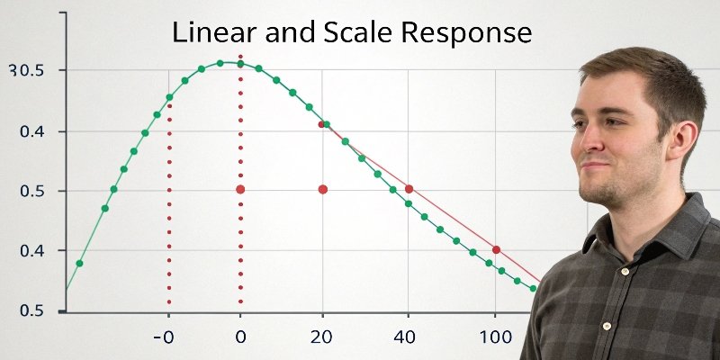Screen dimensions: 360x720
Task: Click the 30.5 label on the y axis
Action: click(x=25, y=70)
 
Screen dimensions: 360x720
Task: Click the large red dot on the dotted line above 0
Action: click(x=240, y=189)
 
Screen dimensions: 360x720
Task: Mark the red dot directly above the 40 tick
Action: click(x=409, y=189)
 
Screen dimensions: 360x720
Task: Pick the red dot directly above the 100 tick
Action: click(x=496, y=249)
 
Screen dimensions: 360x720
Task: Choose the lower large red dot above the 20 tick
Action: click(x=323, y=189)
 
